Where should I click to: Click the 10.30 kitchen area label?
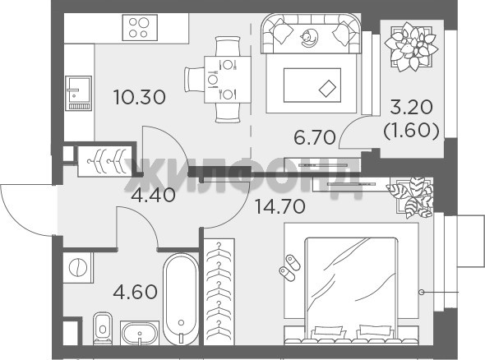(x=140, y=97)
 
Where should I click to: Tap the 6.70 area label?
(x=315, y=137)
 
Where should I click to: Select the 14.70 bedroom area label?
(x=280, y=206)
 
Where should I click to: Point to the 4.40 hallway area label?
(x=153, y=195)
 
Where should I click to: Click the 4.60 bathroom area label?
(x=135, y=292)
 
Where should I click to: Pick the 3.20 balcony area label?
(x=411, y=108)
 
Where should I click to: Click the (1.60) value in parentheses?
(x=411, y=132)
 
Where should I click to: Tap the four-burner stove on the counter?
(x=140, y=27)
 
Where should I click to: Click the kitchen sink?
(x=79, y=93)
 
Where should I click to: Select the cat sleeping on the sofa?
(x=308, y=38)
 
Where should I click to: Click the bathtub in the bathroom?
(x=181, y=299)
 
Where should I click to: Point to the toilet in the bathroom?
(x=103, y=329)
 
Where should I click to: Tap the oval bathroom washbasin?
(x=140, y=334)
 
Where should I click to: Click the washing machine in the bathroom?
(x=77, y=267)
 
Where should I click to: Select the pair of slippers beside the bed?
(x=289, y=268)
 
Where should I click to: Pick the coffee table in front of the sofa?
(x=312, y=85)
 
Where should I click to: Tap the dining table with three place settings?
(x=228, y=80)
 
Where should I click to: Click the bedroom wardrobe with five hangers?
(x=219, y=292)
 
